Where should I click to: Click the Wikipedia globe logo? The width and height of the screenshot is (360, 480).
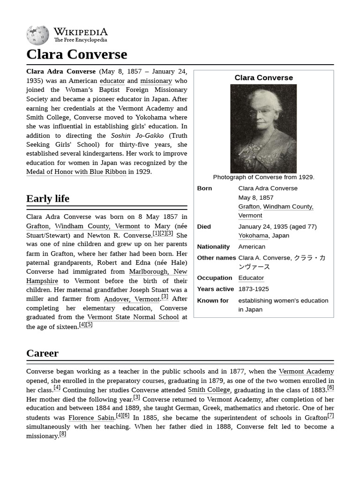(37, 35)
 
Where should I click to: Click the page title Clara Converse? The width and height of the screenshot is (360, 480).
(76, 54)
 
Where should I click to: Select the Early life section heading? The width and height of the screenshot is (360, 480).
(48, 198)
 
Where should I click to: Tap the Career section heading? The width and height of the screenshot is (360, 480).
(42, 353)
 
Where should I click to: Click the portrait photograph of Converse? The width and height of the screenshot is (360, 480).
(263, 128)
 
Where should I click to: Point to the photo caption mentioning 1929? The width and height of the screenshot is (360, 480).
(263, 177)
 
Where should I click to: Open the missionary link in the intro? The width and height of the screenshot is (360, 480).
(156, 81)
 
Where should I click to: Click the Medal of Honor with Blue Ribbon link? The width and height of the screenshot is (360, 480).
(76, 172)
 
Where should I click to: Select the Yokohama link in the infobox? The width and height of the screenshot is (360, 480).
(253, 236)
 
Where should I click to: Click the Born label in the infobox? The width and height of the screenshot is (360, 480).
(204, 188)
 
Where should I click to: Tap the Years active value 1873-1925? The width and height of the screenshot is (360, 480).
(254, 289)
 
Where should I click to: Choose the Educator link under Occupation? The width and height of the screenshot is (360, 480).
(251, 278)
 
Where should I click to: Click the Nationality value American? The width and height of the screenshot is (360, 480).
(252, 247)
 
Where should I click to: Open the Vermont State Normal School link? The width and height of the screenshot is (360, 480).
(133, 317)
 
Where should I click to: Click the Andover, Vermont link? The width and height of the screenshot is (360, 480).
(132, 299)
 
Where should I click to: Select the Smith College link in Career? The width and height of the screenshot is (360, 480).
(209, 390)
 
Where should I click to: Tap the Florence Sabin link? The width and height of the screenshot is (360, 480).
(91, 418)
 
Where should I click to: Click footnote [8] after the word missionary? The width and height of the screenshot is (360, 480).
(63, 434)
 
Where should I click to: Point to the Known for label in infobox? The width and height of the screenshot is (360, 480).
(213, 300)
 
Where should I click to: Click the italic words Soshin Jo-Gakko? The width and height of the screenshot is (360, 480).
(137, 135)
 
